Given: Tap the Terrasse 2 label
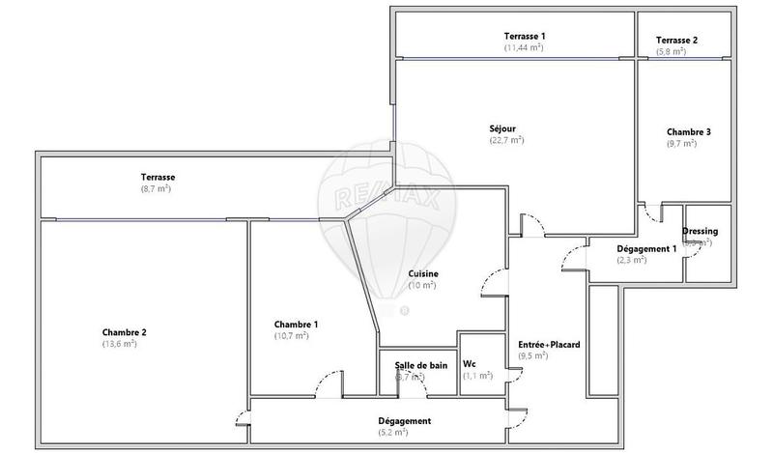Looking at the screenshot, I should tap(676, 40).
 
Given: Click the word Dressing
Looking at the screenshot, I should tap(700, 232).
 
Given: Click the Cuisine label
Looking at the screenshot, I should tap(423, 273).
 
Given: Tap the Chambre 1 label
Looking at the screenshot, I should tap(296, 324).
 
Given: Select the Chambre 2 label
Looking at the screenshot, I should tap(124, 332).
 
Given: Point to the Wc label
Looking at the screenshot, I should tap(470, 364).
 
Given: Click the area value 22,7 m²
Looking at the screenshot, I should tap(506, 140).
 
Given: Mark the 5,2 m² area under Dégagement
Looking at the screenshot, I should tap(405, 434).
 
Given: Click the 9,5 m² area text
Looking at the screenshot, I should tap(533, 355).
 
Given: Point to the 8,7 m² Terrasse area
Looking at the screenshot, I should tap(156, 189).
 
